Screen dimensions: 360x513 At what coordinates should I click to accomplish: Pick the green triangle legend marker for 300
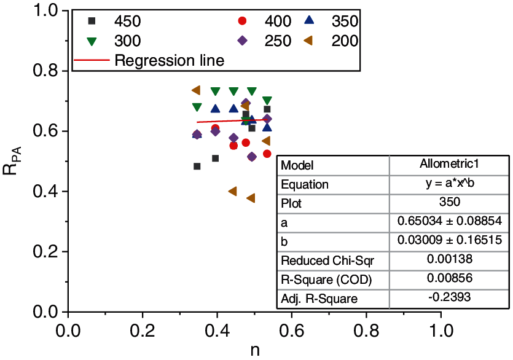[93, 41]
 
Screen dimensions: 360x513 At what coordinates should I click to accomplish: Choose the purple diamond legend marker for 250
[242, 41]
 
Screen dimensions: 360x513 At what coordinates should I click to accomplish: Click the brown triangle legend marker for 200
[309, 41]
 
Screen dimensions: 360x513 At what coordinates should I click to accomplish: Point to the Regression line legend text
[169, 61]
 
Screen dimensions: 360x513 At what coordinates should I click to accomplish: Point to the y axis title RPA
[13, 162]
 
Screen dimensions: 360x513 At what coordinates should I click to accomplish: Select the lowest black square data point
[197, 166]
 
